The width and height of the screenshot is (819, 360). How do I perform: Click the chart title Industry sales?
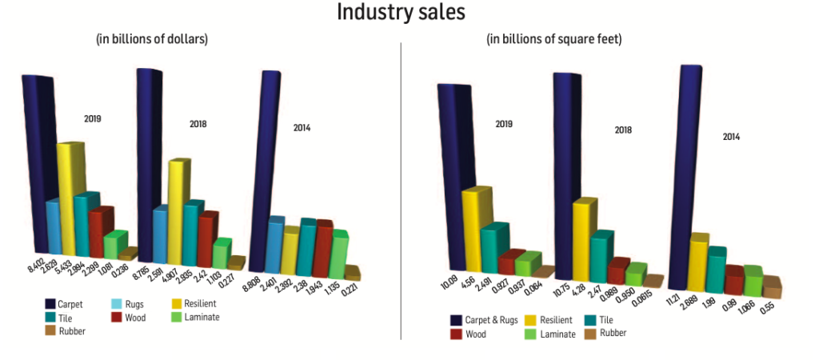tap(401, 13)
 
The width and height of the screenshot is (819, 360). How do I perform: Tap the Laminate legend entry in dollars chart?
tap(194, 318)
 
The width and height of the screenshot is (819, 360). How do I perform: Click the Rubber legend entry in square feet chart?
tap(608, 334)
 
